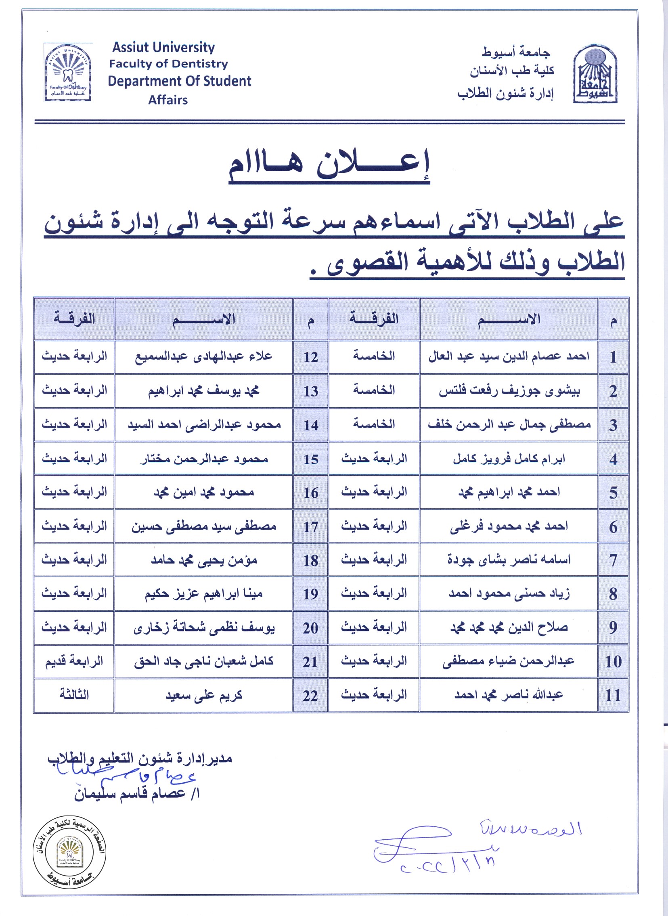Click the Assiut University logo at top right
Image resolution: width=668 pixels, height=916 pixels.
coord(595,73)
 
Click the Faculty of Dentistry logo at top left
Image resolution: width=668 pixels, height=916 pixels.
coord(67,73)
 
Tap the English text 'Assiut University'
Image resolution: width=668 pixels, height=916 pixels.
coord(163,47)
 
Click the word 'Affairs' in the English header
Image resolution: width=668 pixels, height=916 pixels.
coord(168,100)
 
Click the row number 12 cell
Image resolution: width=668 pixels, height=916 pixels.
coord(310,357)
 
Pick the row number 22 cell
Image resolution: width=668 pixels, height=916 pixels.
coord(310,695)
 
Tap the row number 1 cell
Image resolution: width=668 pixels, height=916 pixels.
coord(613,357)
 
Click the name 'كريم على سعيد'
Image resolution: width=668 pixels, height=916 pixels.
coord(204,695)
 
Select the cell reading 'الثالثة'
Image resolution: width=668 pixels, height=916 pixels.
coord(74,694)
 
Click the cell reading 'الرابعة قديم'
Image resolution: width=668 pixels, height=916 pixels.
coord(74,661)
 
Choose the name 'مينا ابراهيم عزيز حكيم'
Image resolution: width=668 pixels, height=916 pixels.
coord(204,594)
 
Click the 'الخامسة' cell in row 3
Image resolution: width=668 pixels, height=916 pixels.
coord(374,425)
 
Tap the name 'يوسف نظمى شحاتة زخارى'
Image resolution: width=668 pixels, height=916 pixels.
coord(204,628)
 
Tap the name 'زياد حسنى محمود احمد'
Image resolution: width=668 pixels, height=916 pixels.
coord(509,594)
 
